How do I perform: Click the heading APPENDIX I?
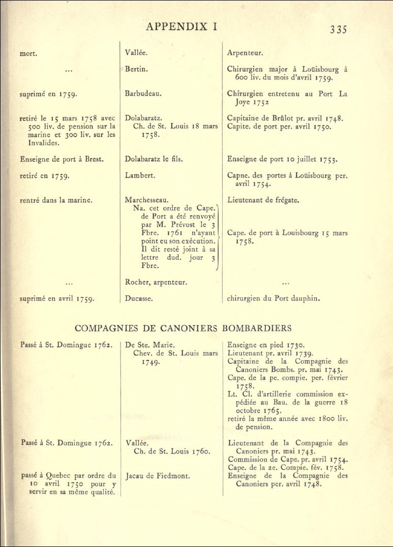pyautogui.click(x=182, y=27)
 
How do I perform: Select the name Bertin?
pyautogui.click(x=136, y=69)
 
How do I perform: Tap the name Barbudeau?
pyautogui.click(x=143, y=94)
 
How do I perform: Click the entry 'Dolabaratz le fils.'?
pyautogui.click(x=154, y=159)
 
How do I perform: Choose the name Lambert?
pyautogui.click(x=140, y=175)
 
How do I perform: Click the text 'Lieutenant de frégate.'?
pyautogui.click(x=263, y=200)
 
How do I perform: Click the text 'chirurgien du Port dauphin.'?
pyautogui.click(x=274, y=298)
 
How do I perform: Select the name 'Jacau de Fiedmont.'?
pyautogui.click(x=157, y=476)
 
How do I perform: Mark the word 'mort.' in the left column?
pyautogui.click(x=27, y=52)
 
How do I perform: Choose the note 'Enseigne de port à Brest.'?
pyautogui.click(x=62, y=159)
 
